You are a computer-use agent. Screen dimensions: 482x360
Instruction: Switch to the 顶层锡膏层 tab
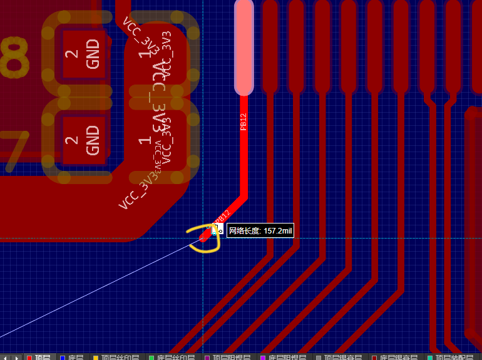pos(339,357)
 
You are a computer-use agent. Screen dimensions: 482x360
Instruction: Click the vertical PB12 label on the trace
pos(244,121)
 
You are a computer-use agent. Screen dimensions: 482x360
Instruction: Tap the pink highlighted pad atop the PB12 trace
pos(244,47)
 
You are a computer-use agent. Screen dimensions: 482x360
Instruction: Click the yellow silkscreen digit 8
pos(14,56)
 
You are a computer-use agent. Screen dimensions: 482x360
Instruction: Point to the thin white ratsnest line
pos(94,292)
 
